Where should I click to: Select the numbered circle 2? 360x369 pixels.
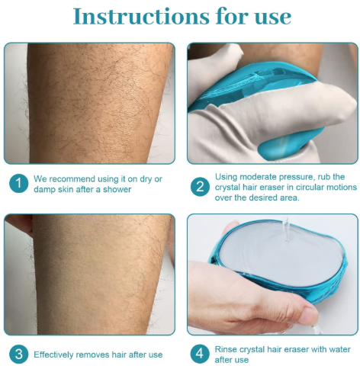[x=200, y=187]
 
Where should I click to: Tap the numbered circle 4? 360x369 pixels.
[x=200, y=354]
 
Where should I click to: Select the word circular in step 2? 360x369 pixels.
[x=301, y=187]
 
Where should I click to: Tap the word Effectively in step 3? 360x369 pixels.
[x=56, y=354]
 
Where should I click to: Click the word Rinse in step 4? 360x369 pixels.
[x=228, y=348]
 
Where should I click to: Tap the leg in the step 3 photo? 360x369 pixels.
[x=92, y=274]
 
